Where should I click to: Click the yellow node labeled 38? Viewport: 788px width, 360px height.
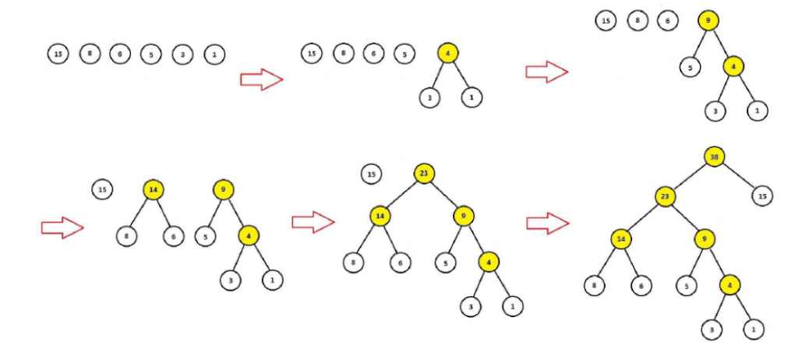point(714,157)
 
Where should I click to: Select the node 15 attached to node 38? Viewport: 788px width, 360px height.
point(762,196)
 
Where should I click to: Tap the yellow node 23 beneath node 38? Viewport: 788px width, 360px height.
point(665,197)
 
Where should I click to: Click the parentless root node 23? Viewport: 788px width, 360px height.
point(424,174)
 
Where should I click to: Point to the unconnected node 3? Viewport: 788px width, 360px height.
point(182,55)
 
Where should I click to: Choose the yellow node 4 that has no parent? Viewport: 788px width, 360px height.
point(448,54)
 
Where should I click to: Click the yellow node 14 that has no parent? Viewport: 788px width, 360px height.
point(154,189)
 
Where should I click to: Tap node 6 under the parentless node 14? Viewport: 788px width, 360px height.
point(173,235)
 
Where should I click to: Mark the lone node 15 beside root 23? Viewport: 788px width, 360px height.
point(373,174)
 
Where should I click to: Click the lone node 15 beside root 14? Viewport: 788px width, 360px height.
point(102,189)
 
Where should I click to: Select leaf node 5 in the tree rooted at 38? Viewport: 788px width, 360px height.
point(685,286)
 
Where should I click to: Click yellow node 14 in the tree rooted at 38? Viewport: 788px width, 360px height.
point(621,238)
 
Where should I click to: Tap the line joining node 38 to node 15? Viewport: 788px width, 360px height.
point(738,176)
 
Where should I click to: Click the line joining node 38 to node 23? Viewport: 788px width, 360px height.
point(690,177)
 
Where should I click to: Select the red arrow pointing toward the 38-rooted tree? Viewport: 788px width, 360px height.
point(547,224)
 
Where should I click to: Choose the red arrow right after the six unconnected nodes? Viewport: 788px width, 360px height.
point(260,79)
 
